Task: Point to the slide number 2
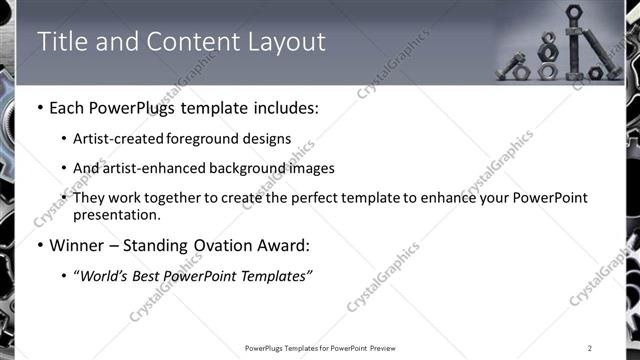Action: pos(590,348)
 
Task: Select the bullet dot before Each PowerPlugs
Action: pos(40,108)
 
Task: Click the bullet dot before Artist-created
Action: pos(65,139)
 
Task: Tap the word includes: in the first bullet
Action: pos(286,108)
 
